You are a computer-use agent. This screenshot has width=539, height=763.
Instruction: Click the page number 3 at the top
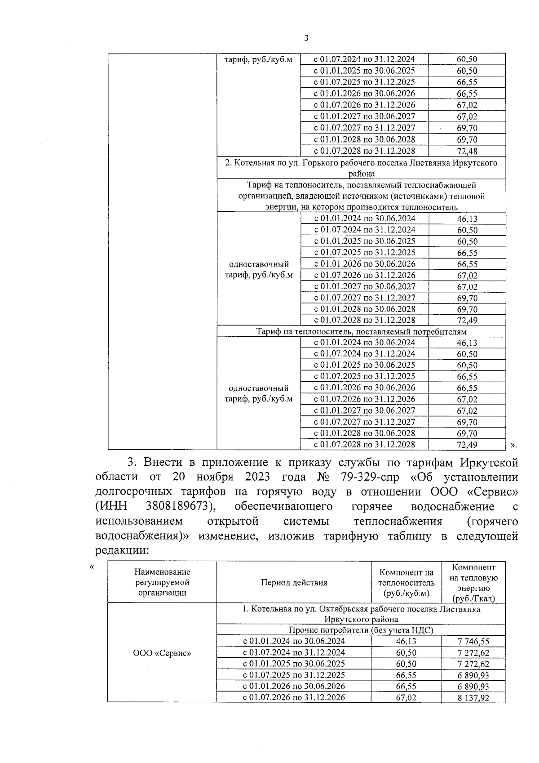(306, 39)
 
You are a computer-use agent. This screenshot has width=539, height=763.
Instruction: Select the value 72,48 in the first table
(467, 152)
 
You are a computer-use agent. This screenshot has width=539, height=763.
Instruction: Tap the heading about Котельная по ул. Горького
(361, 168)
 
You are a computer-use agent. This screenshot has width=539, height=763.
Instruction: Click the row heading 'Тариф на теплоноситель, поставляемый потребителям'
(361, 332)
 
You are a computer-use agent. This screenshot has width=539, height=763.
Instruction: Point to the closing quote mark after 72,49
(514, 445)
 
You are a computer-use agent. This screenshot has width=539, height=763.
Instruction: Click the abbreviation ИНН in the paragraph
(111, 506)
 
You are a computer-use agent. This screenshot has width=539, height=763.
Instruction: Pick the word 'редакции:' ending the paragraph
(122, 550)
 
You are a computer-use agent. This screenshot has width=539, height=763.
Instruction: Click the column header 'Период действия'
(294, 583)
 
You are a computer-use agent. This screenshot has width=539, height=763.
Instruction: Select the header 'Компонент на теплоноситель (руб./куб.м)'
(406, 583)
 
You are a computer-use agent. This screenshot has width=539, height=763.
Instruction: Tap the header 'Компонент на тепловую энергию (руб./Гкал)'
(473, 583)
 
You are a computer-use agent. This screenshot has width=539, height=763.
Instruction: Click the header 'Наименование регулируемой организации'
(162, 582)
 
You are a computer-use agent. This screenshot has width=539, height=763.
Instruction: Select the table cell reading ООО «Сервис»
(162, 653)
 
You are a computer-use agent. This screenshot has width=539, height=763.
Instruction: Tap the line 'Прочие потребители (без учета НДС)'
(361, 630)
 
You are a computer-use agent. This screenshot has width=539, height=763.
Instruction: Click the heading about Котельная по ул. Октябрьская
(361, 614)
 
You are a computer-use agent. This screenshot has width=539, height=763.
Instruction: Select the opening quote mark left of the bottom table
(92, 567)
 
